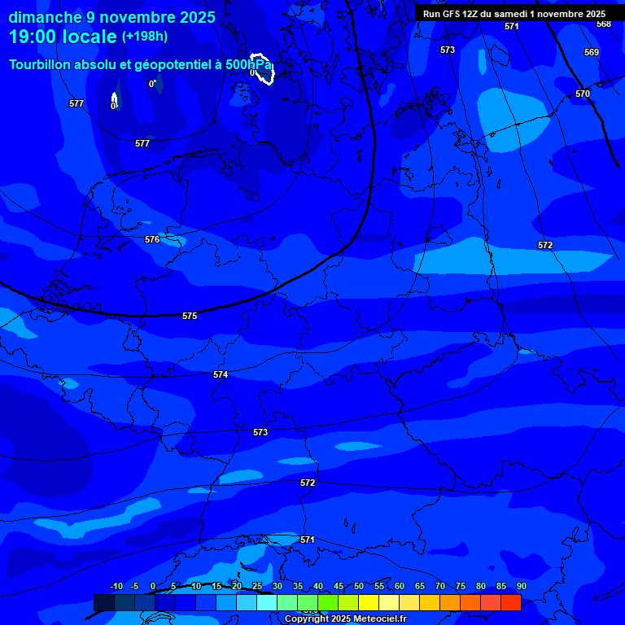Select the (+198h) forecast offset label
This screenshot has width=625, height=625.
pyautogui.click(x=145, y=37)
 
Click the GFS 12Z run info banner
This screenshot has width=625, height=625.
pyautogui.click(x=514, y=14)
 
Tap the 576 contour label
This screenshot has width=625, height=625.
pyautogui.click(x=152, y=240)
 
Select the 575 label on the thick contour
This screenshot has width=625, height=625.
pyautogui.click(x=190, y=316)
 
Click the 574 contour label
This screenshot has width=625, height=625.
pyautogui.click(x=221, y=374)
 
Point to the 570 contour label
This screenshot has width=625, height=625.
pyautogui.click(x=583, y=94)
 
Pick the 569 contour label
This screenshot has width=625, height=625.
pyautogui.click(x=592, y=53)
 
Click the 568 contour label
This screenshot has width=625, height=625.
pyautogui.click(x=603, y=24)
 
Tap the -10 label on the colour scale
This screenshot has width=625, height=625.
pyautogui.click(x=116, y=587)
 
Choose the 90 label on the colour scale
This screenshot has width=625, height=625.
pyautogui.click(x=521, y=587)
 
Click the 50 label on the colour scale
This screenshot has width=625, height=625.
pyautogui.click(x=358, y=587)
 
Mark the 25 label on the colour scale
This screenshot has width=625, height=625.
pyautogui.click(x=256, y=587)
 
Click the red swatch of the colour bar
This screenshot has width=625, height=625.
pyautogui.click(x=510, y=602)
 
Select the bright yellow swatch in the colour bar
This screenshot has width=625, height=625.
pyautogui.click(x=368, y=602)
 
